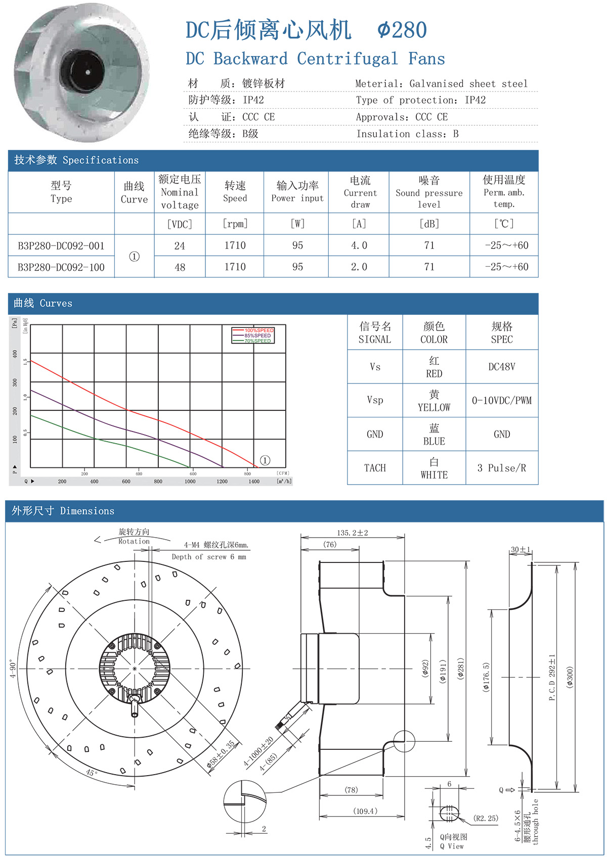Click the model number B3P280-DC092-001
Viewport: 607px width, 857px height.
tap(61, 246)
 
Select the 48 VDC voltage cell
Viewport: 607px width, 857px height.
tap(180, 267)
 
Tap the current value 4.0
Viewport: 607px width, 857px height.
tap(359, 246)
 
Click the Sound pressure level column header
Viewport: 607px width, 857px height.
tap(429, 193)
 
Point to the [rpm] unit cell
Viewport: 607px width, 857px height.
tap(235, 224)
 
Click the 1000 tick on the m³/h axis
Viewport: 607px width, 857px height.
tap(190, 482)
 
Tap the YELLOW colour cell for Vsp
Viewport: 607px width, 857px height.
tap(434, 401)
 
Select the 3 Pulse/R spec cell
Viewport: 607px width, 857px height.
tap(502, 468)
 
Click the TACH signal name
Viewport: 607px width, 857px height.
tap(375, 468)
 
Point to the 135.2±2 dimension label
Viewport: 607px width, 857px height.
tap(353, 533)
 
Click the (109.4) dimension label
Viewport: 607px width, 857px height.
tap(365, 811)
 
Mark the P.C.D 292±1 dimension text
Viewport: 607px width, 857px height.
tap(552, 677)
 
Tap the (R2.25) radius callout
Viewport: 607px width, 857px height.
tap(486, 818)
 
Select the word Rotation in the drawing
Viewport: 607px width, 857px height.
tap(134, 541)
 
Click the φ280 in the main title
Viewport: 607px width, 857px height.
tap(402, 30)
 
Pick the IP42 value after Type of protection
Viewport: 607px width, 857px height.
tap(475, 100)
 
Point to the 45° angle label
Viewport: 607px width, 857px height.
tap(91, 773)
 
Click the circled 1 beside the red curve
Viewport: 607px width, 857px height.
tap(265, 460)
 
